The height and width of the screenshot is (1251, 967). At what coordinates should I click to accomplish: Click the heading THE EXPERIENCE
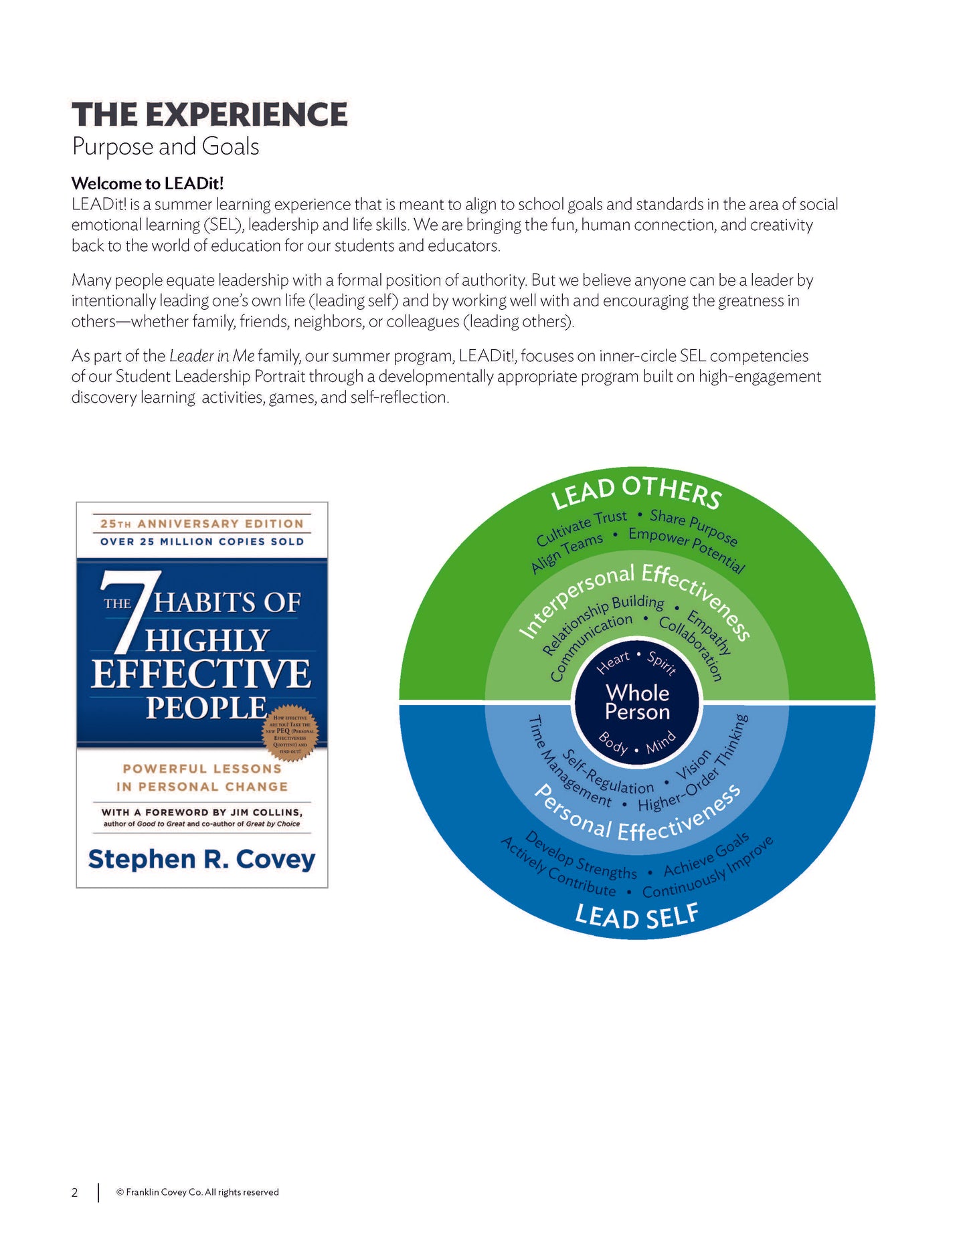(x=209, y=114)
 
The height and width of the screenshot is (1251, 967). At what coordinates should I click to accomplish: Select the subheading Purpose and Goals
(x=165, y=147)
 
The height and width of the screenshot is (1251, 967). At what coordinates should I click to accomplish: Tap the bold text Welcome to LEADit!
(x=147, y=183)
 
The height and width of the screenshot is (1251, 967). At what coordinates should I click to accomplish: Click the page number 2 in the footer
(x=75, y=1192)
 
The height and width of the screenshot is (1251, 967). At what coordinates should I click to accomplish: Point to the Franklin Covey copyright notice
(x=197, y=1192)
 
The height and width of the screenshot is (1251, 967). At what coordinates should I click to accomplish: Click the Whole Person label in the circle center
(x=637, y=702)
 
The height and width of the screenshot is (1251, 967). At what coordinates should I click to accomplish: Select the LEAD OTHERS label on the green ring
(x=636, y=492)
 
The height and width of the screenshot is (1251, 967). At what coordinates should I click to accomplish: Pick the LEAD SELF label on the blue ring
(x=636, y=916)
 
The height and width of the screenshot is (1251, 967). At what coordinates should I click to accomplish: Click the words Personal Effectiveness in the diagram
(x=637, y=820)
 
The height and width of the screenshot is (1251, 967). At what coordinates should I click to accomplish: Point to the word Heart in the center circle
(x=613, y=662)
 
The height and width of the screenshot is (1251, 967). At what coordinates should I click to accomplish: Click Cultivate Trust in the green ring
(x=581, y=526)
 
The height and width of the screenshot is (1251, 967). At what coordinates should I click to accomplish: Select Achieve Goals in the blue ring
(x=707, y=856)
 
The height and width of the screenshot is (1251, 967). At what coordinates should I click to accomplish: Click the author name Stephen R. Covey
(x=201, y=859)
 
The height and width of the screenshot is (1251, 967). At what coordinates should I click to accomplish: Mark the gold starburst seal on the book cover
(x=290, y=733)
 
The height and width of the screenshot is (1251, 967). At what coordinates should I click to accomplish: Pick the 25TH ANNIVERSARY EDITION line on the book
(x=201, y=524)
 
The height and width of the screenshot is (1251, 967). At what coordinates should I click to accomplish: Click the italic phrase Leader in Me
(x=211, y=356)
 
